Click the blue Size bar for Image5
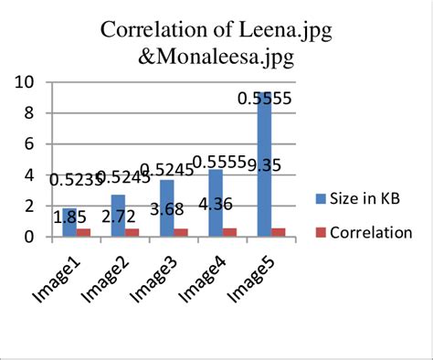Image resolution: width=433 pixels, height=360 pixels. pyautogui.click(x=263, y=164)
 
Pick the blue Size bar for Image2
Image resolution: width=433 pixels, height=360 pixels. pyautogui.click(x=119, y=216)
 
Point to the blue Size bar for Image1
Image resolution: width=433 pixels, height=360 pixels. pyautogui.click(x=70, y=223)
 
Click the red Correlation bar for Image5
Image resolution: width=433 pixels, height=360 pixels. pyautogui.click(x=277, y=232)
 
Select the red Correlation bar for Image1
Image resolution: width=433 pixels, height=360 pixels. pyautogui.click(x=84, y=232)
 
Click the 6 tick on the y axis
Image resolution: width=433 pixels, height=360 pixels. pyautogui.click(x=31, y=144)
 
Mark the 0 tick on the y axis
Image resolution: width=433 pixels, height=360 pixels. pyautogui.click(x=31, y=238)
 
